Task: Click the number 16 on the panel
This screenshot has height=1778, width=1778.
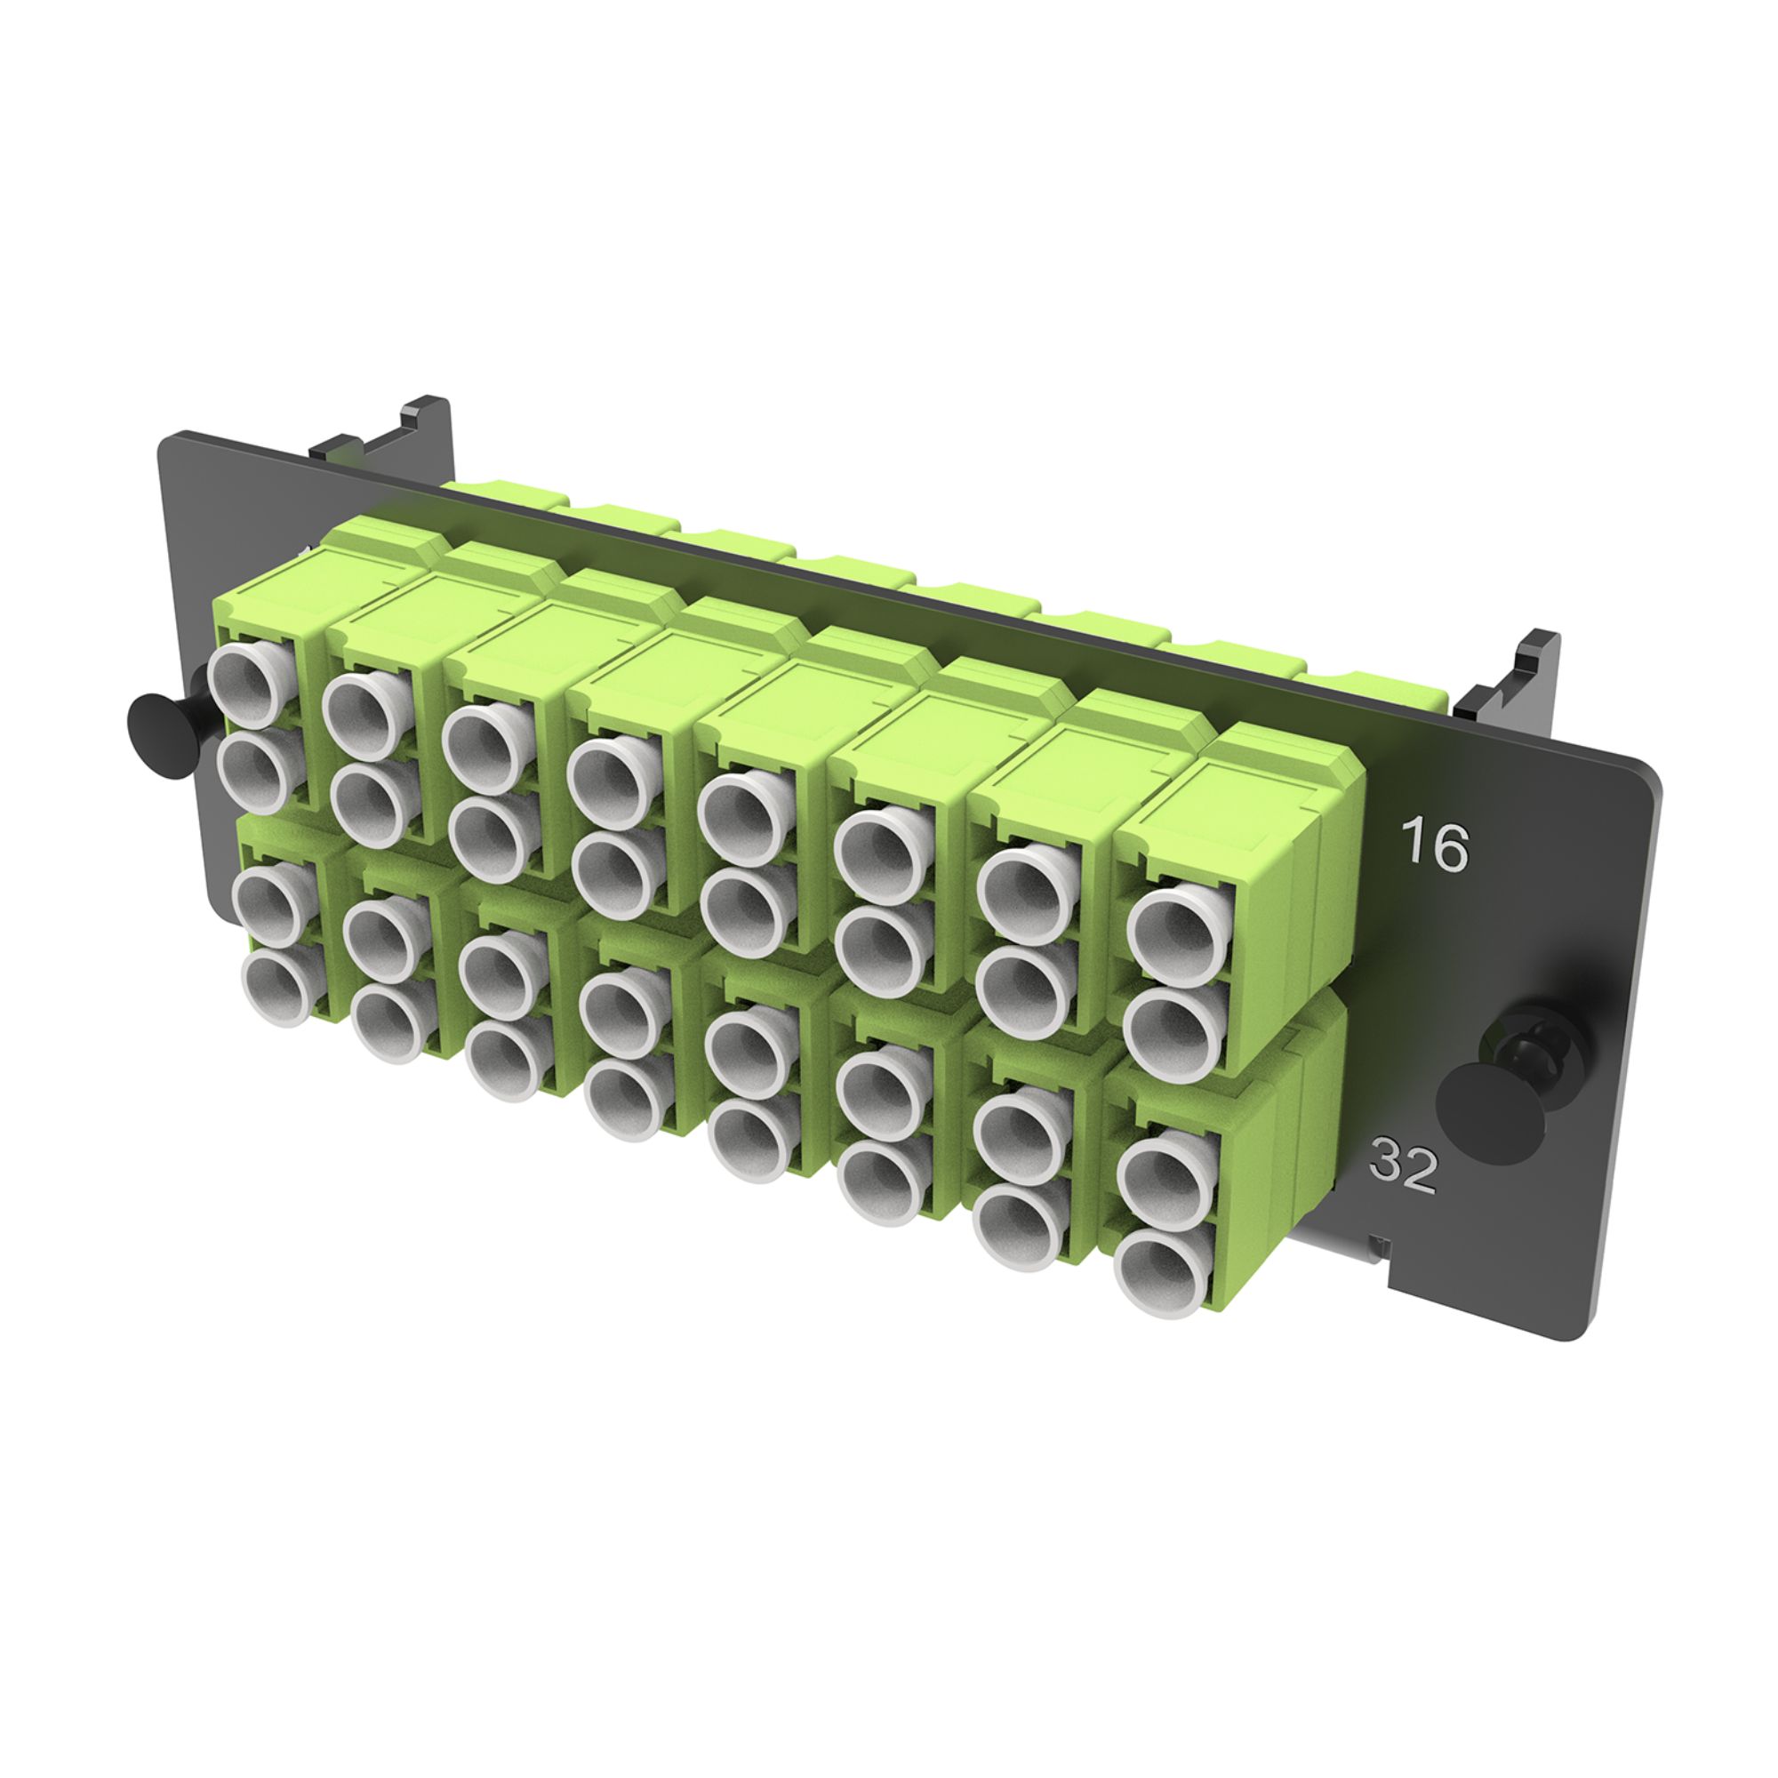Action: point(1434,845)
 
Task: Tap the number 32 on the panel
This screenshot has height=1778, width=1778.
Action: point(1404,1166)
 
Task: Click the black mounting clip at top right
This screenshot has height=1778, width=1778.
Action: point(1510,678)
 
